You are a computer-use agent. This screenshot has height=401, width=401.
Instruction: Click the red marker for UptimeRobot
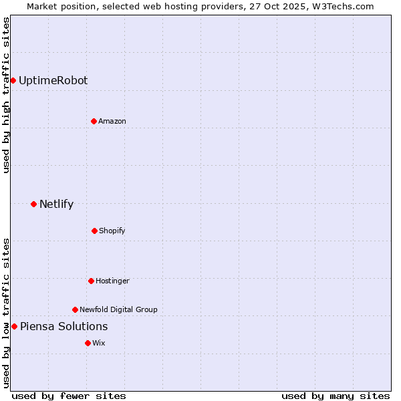coord(13,80)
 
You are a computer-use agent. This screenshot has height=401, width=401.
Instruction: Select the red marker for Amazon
coord(94,121)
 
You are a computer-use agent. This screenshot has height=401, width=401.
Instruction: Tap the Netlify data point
coord(33,204)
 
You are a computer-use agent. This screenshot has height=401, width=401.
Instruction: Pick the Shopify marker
coord(94,231)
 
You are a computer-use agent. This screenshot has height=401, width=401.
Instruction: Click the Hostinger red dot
coord(91,281)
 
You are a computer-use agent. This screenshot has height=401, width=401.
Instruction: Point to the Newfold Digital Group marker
coord(75,309)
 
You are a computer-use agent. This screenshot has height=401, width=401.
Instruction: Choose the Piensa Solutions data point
coord(14,326)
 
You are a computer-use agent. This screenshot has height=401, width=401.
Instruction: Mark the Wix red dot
coord(88,343)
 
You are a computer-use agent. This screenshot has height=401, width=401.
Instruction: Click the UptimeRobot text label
coord(53,80)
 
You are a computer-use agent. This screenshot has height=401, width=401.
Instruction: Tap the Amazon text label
coord(112,121)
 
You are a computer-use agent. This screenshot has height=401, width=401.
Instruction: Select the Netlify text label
coord(56,204)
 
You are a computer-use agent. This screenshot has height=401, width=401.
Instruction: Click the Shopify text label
coord(112,231)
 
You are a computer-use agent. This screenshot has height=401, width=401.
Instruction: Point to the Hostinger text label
coord(112,281)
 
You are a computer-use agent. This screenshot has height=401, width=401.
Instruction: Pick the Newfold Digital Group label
coord(118,309)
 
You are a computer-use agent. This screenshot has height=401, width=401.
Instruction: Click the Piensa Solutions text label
coord(63,326)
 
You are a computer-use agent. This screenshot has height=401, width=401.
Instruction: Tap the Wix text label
coord(99,343)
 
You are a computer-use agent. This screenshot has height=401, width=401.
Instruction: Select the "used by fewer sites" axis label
coord(69,396)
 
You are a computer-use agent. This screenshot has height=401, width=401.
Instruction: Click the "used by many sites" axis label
coord(336,396)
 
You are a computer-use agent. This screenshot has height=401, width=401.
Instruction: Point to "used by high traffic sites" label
coord(6,95)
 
